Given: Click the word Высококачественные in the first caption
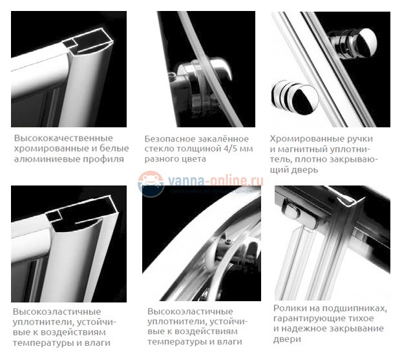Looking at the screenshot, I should coord(63,138).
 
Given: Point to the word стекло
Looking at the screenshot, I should coord(161,149).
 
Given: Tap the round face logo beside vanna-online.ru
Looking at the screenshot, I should coord(151,184).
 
